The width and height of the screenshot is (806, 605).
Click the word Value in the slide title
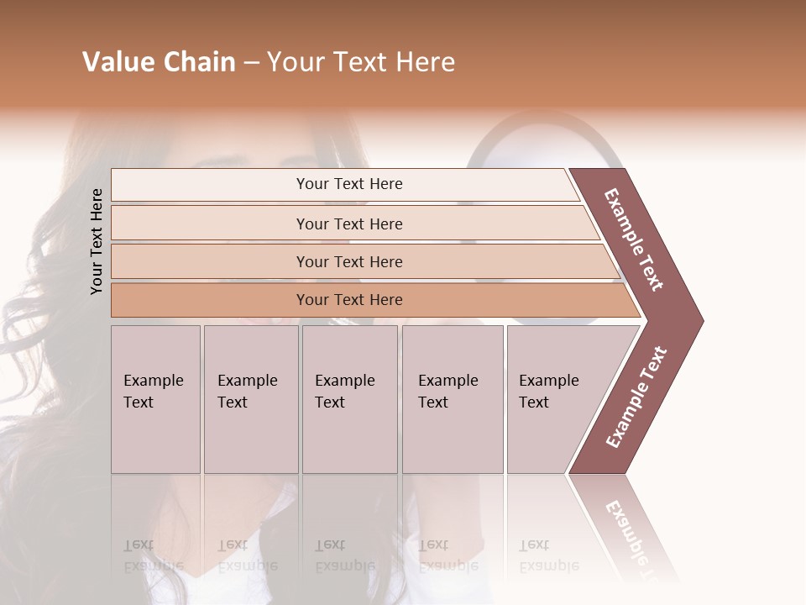pos(117,62)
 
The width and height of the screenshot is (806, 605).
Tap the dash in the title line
pos(251,63)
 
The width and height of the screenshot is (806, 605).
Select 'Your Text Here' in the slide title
pos(361,62)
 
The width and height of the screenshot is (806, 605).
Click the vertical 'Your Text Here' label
pos(97,241)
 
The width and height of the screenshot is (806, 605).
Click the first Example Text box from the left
pos(155,399)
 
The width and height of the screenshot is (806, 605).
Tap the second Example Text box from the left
pos(251,399)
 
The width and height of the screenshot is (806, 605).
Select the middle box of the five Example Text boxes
pos(349,399)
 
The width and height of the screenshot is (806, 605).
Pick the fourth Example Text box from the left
pos(453,399)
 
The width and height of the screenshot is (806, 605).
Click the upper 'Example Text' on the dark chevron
pos(634,239)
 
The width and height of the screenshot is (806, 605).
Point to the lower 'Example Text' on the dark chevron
pos(636,397)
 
